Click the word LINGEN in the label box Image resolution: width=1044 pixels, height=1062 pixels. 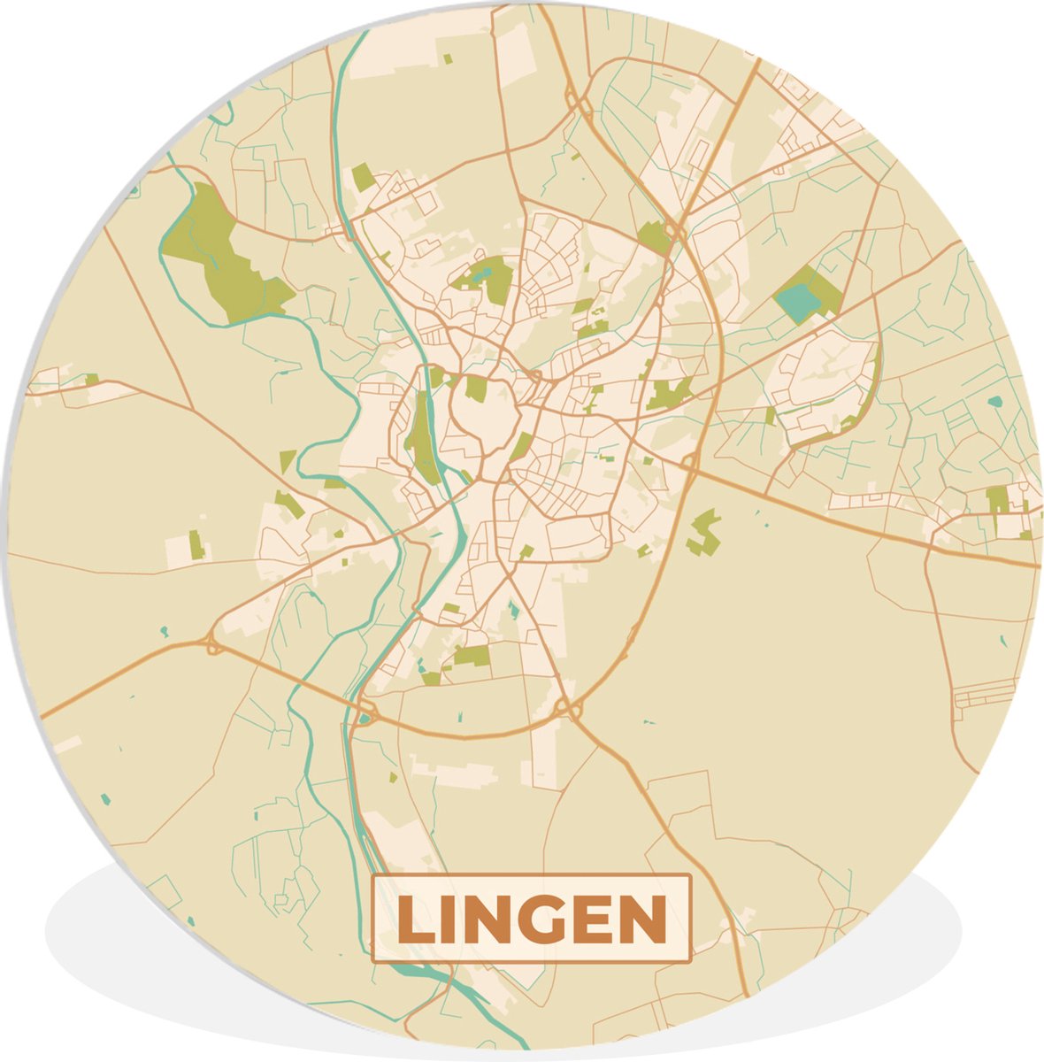click(x=532, y=920)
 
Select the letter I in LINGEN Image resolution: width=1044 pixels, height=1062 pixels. click(x=451, y=920)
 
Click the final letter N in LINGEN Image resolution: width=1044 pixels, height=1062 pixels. click(x=643, y=920)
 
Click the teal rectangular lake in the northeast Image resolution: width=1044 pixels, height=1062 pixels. click(x=798, y=302)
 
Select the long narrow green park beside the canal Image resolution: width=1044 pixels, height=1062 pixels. click(x=423, y=438)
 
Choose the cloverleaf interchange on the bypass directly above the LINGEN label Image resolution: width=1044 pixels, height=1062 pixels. click(x=564, y=708)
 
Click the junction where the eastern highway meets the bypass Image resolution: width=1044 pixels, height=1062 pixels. click(x=690, y=462)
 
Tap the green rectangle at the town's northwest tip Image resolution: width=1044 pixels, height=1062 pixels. click(x=363, y=177)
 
